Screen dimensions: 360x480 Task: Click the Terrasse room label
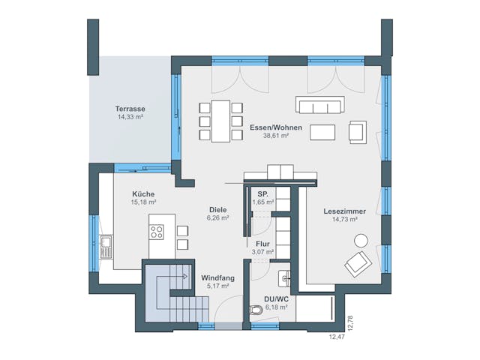click(130, 108)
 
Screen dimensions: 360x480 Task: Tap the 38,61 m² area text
click(276, 136)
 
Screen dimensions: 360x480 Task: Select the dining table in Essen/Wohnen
click(221, 120)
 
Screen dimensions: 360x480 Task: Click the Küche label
click(143, 193)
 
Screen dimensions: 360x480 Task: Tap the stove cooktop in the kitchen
click(157, 232)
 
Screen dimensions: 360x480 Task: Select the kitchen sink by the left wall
click(106, 243)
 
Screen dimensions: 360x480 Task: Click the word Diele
click(217, 209)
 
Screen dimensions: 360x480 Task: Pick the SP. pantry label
click(262, 193)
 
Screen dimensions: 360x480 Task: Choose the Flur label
click(262, 244)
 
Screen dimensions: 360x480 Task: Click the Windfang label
click(217, 277)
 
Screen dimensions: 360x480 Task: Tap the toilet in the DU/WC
click(256, 309)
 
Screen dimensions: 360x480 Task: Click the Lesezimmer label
click(340, 211)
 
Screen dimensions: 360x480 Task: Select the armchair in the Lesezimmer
click(356, 262)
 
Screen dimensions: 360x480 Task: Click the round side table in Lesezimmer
click(361, 241)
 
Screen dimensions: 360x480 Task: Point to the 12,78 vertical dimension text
click(349, 322)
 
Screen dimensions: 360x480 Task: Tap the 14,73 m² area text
click(340, 220)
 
